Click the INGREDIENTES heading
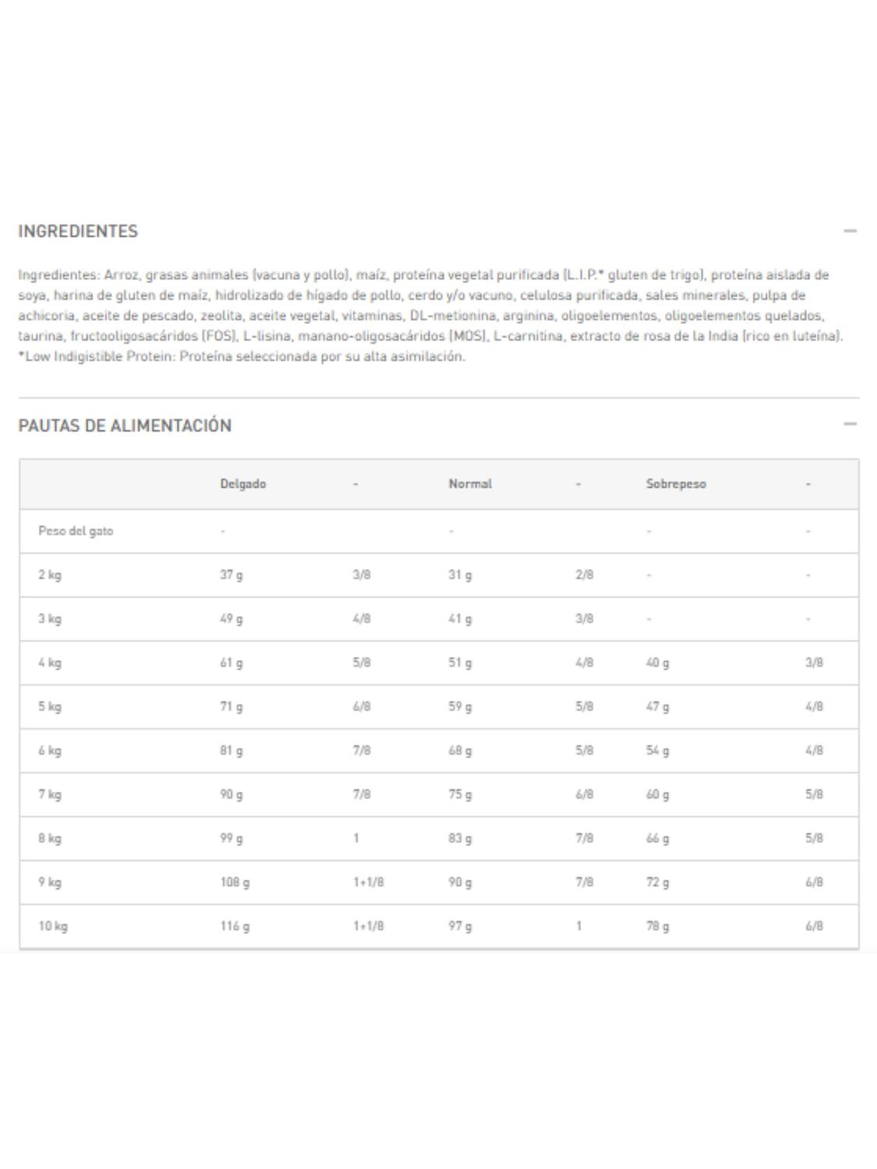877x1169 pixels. tap(78, 231)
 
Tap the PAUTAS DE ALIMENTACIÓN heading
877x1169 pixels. tap(125, 426)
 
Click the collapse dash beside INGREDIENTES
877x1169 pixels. tap(850, 231)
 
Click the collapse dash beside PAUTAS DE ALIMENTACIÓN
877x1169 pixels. tap(850, 424)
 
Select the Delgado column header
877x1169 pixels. tap(242, 484)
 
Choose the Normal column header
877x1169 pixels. tap(470, 484)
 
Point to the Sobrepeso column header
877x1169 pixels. tap(676, 484)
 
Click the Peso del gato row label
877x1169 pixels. tap(76, 532)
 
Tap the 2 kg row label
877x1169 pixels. tap(50, 575)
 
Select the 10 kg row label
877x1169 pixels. tap(53, 927)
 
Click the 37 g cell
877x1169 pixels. tap(231, 575)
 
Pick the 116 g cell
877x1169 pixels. tap(235, 927)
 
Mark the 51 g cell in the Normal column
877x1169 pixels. tap(460, 663)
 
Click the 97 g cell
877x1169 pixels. tap(460, 927)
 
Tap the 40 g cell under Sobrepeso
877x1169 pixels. tap(657, 663)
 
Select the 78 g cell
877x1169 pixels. tap(657, 927)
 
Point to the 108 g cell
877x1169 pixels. tap(235, 883)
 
